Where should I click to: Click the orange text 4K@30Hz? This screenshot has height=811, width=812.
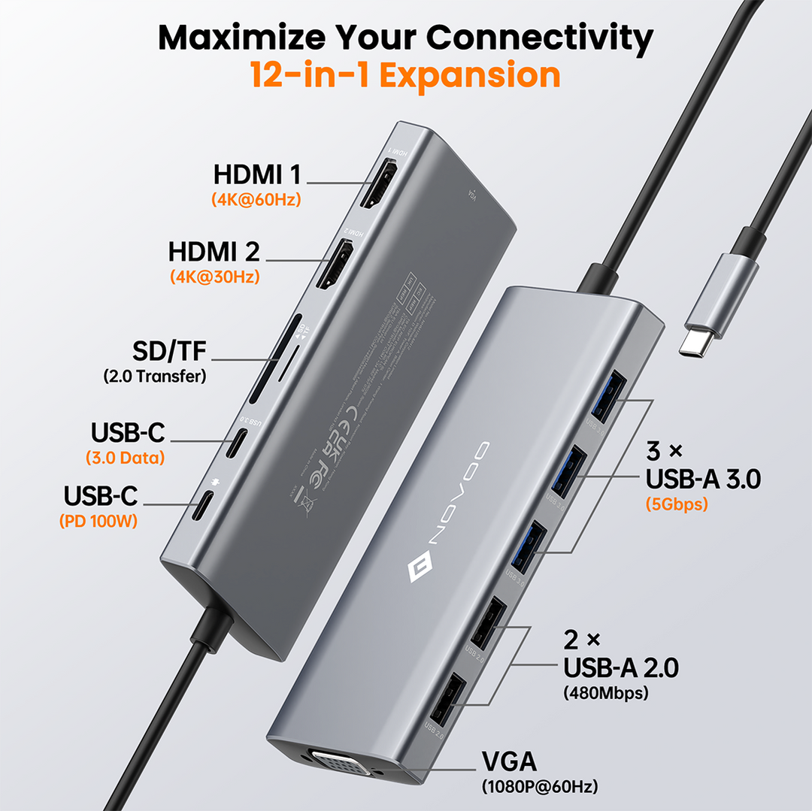(x=214, y=277)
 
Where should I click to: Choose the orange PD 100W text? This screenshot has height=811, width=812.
(x=98, y=521)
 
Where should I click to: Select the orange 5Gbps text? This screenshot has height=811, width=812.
(x=676, y=504)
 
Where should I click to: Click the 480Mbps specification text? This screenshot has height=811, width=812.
(x=604, y=693)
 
